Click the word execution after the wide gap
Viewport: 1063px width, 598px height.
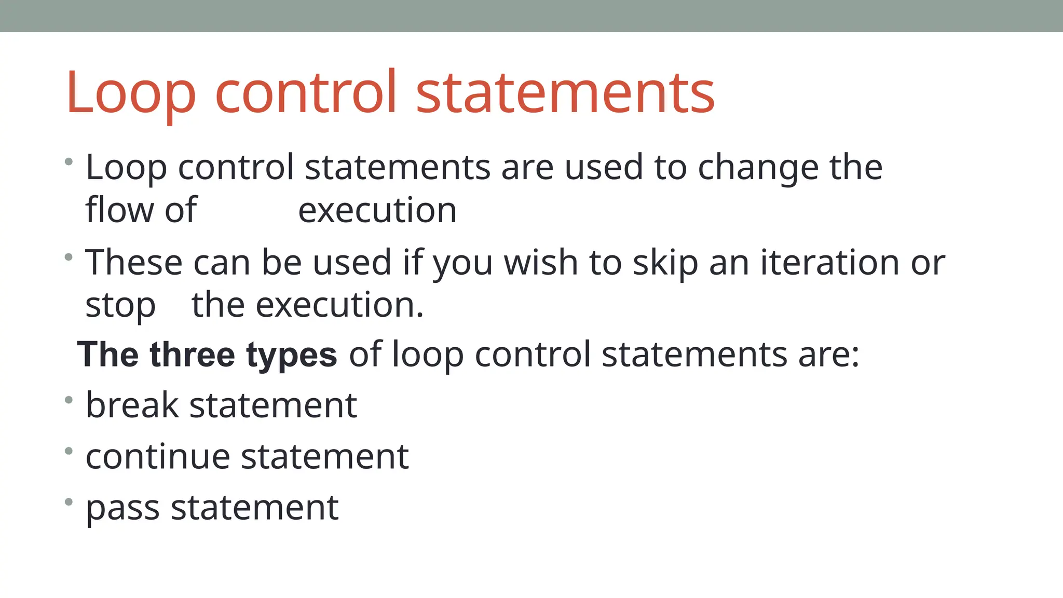point(377,211)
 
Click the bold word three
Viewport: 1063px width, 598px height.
point(192,355)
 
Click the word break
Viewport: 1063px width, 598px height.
point(132,405)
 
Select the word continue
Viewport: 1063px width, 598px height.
point(157,457)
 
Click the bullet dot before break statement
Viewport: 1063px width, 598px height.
point(69,400)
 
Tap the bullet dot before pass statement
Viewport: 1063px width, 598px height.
point(69,502)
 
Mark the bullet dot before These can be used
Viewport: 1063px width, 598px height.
point(69,257)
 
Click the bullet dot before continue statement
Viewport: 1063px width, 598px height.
point(69,451)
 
